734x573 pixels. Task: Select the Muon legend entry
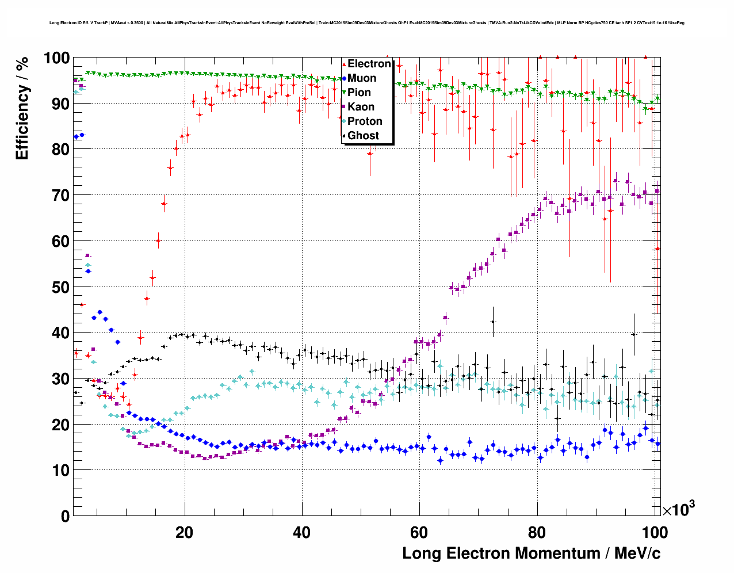point(362,78)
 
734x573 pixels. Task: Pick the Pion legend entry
point(360,93)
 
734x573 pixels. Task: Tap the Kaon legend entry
point(361,107)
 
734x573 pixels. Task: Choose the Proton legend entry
point(365,121)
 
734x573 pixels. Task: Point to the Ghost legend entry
point(363,136)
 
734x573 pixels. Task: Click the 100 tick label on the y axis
point(57,58)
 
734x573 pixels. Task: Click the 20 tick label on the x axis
point(184,532)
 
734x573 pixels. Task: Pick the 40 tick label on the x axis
point(301,532)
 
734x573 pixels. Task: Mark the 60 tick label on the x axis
point(419,532)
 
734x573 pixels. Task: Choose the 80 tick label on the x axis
point(537,532)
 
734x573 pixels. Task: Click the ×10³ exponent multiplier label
point(678,509)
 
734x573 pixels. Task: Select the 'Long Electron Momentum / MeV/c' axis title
point(531,553)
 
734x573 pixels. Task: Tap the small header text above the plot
point(367,23)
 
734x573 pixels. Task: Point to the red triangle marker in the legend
point(344,64)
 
